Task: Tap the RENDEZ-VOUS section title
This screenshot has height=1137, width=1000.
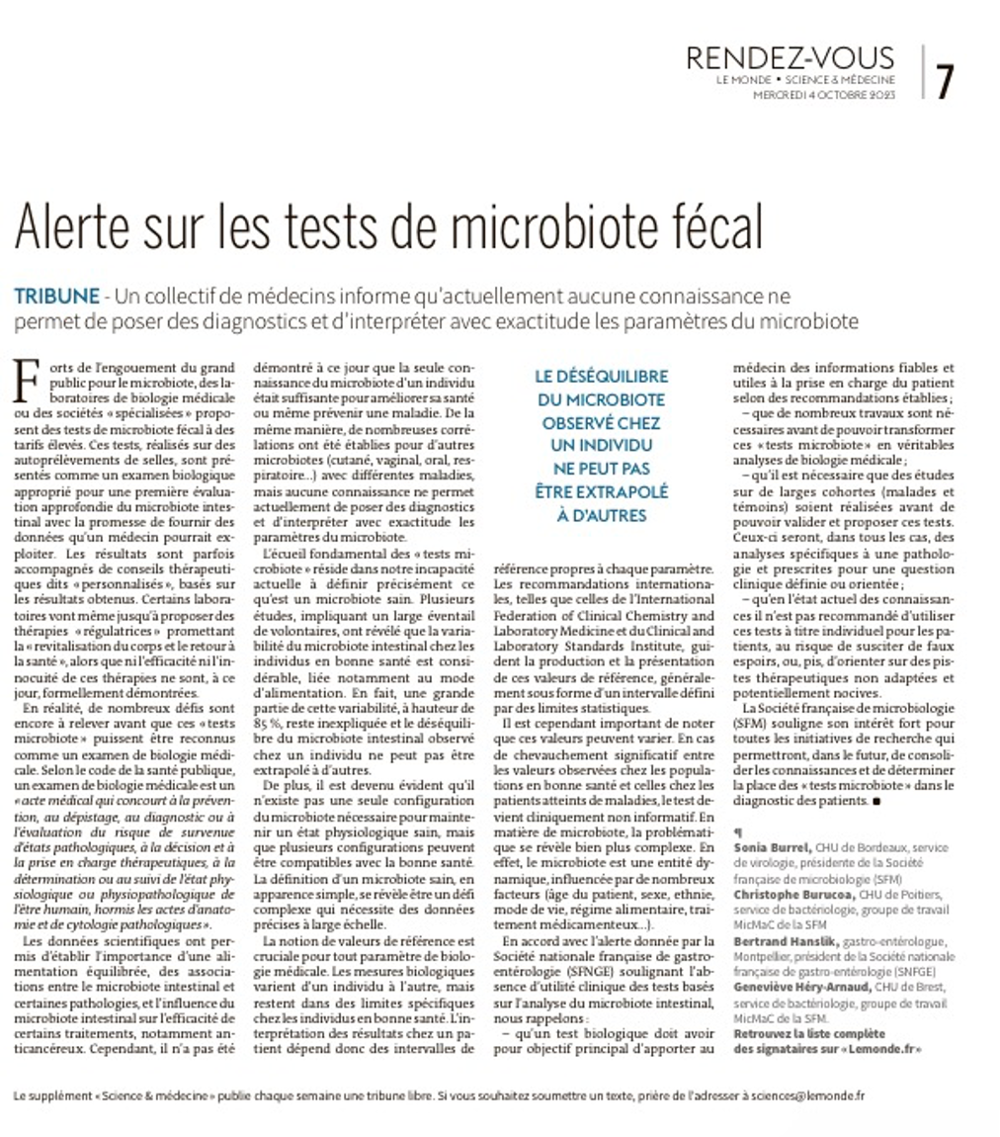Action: coord(791,58)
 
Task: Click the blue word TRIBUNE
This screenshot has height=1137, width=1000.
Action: coord(56,296)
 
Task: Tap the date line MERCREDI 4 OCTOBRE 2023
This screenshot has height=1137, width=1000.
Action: coord(824,95)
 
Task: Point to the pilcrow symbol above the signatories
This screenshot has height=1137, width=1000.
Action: coord(737,831)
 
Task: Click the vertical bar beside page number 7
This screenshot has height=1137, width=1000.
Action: coord(922,72)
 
